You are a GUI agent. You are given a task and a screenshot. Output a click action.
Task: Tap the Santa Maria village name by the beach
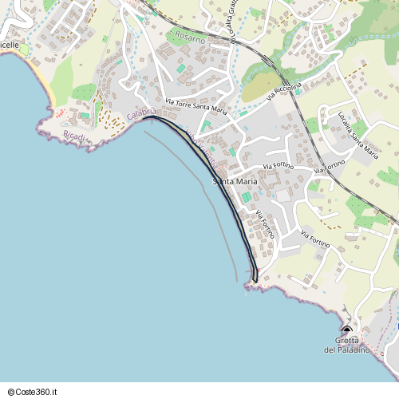234,181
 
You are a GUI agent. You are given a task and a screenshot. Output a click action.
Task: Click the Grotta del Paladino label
347,346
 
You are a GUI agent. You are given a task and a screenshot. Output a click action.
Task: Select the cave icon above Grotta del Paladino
346,330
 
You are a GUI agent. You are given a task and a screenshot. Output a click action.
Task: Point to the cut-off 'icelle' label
10,45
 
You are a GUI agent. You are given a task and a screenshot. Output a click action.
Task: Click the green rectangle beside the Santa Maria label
247,196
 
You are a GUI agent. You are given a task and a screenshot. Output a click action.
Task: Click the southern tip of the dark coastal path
255,280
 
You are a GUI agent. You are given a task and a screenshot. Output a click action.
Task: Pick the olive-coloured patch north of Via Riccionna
257,89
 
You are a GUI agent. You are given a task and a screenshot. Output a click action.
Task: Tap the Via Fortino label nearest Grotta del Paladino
315,237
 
